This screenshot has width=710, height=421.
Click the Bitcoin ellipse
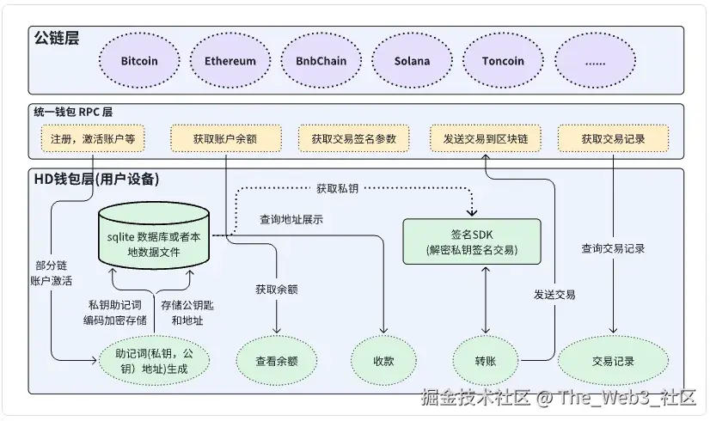click(x=139, y=61)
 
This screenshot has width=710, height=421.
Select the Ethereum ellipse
click(x=230, y=61)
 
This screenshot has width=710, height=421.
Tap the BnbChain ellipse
click(x=321, y=61)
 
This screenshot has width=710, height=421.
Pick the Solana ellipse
click(x=412, y=61)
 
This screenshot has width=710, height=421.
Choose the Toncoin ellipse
click(x=503, y=61)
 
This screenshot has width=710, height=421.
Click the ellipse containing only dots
click(x=595, y=61)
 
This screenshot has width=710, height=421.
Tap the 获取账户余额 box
click(x=225, y=138)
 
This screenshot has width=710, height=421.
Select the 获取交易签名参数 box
click(x=353, y=138)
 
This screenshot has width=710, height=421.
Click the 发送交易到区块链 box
click(x=486, y=138)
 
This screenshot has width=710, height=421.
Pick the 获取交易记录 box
click(x=613, y=138)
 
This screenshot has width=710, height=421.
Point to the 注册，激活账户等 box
click(x=93, y=138)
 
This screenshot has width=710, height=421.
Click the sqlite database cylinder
click(x=154, y=236)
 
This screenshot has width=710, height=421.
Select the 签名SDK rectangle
click(x=472, y=241)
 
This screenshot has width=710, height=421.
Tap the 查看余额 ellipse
click(x=277, y=361)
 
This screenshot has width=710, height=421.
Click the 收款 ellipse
click(x=383, y=361)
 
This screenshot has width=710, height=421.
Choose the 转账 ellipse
click(x=486, y=361)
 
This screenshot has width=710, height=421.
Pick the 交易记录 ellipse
click(x=613, y=361)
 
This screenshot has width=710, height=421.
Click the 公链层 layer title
click(x=57, y=38)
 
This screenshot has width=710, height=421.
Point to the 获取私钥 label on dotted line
click(x=337, y=188)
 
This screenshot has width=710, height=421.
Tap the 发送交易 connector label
click(x=554, y=295)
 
